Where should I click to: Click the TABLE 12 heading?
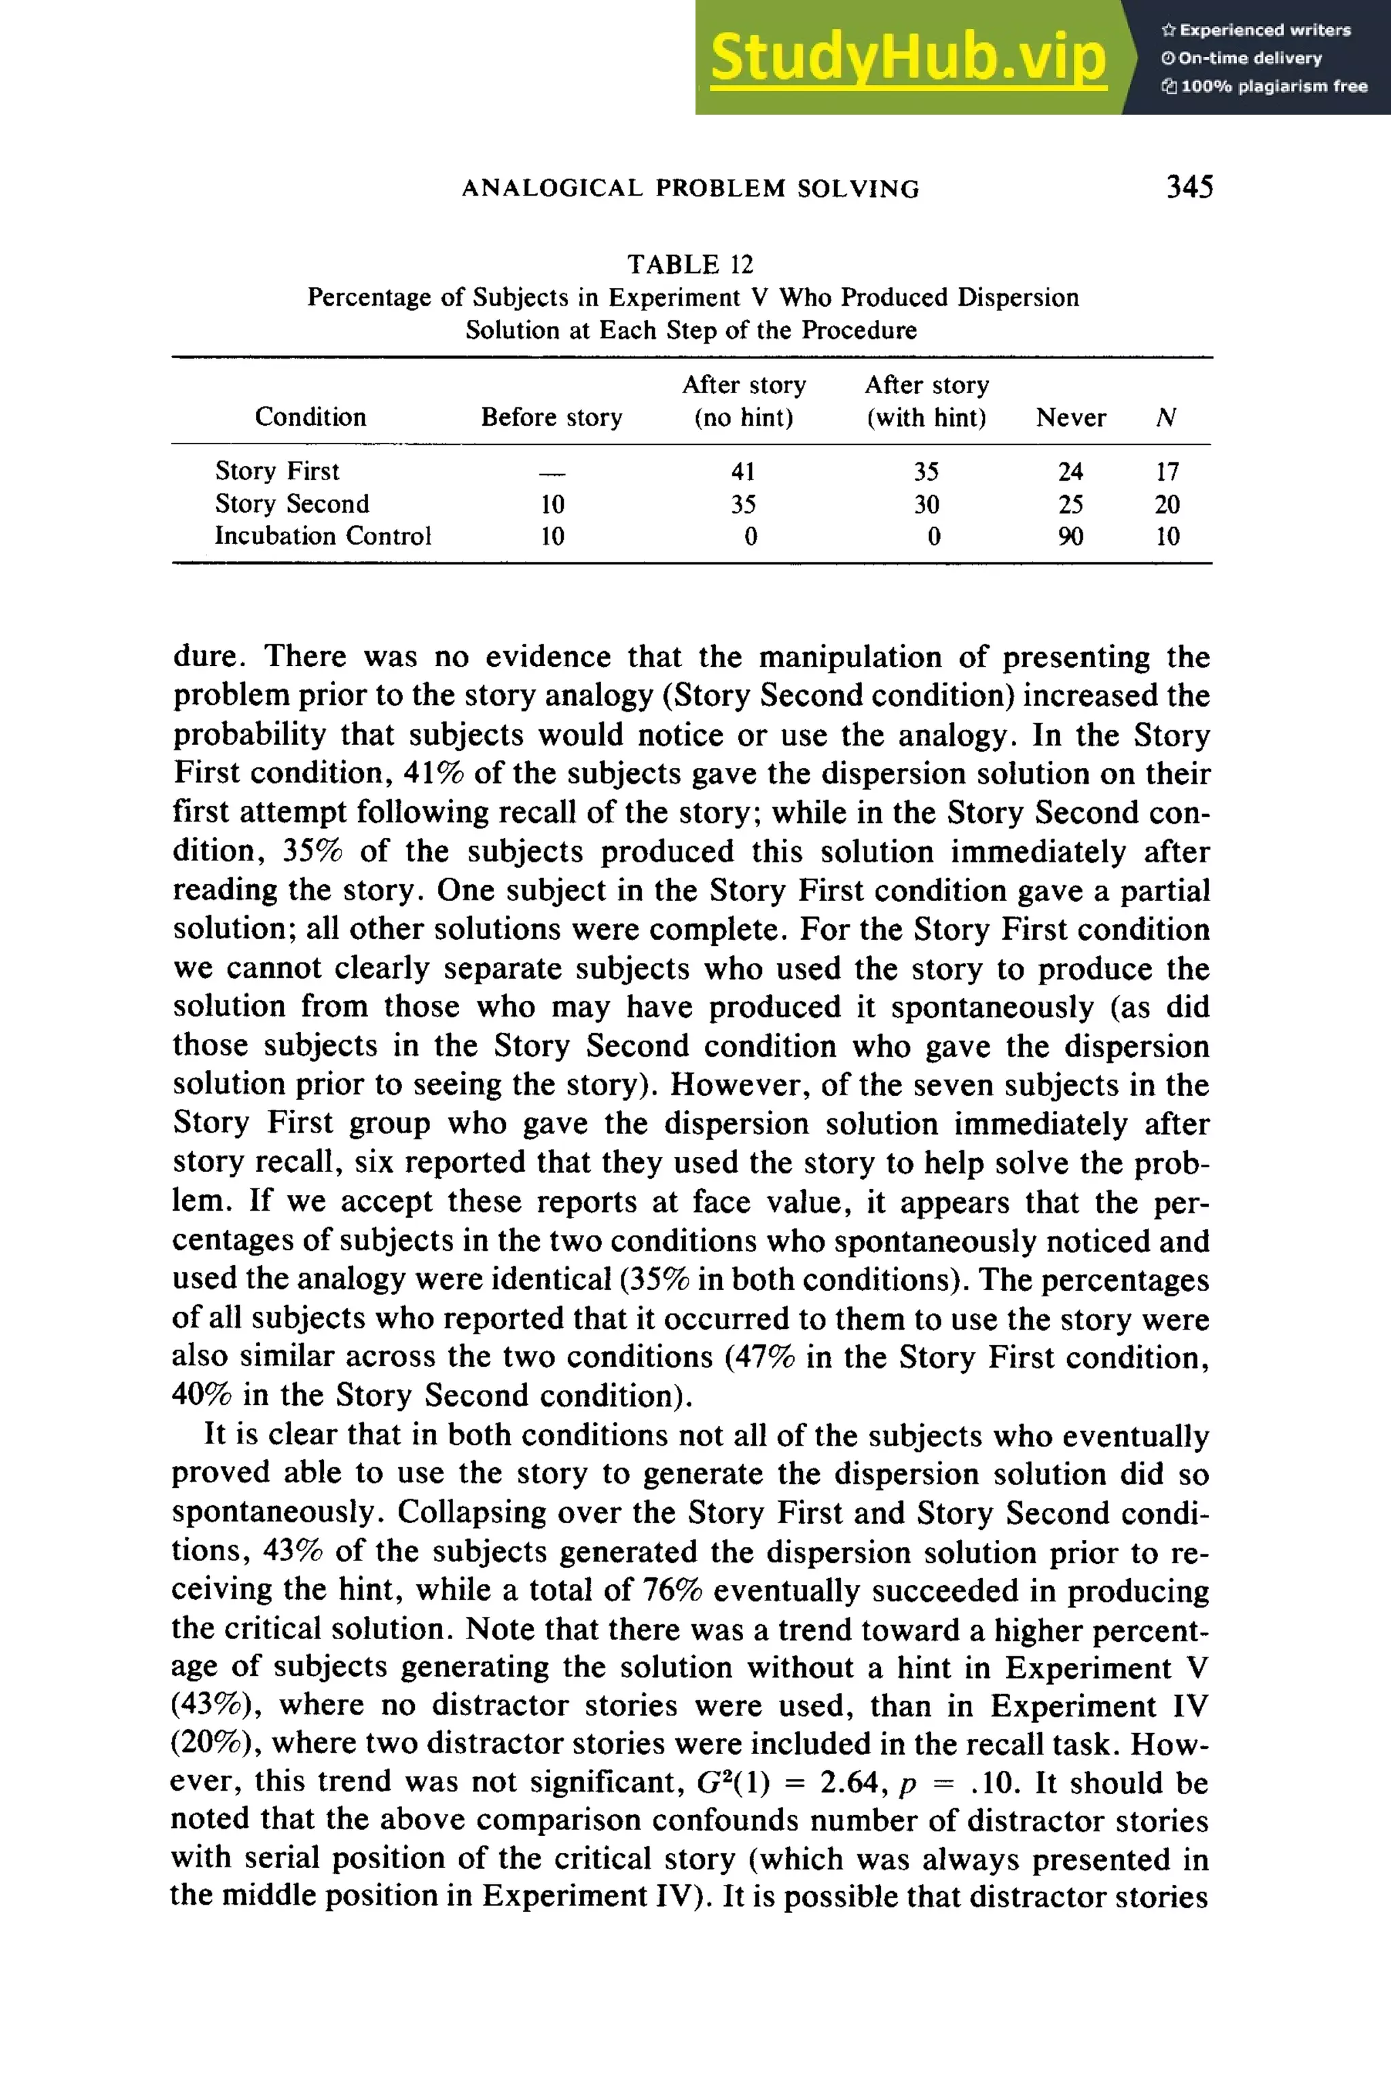pos(690,264)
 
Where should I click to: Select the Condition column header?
pos(310,417)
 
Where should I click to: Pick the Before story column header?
pos(552,417)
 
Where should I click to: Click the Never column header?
pos(1070,418)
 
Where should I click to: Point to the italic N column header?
pos(1167,418)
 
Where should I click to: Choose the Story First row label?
pos(277,471)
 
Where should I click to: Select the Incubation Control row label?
pos(323,536)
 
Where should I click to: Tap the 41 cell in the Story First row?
pos(744,472)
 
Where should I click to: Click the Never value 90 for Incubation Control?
pos(1070,536)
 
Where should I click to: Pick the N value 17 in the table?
pos(1167,472)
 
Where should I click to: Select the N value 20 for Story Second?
pos(1167,505)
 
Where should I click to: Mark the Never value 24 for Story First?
pos(1070,472)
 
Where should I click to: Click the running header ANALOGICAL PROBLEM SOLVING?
pos(690,188)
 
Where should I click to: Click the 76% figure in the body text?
pos(672,1590)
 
